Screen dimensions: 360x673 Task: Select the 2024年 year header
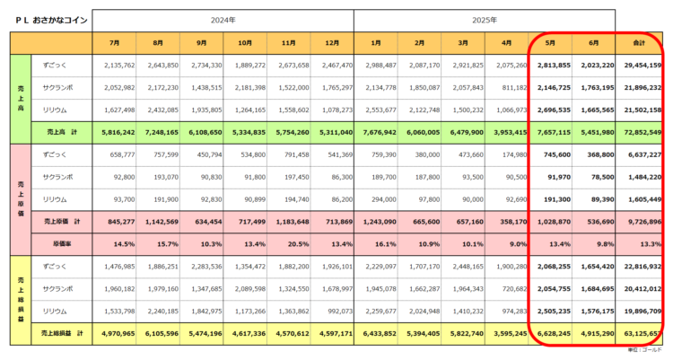[x=223, y=18]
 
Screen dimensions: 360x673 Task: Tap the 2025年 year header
[x=485, y=18]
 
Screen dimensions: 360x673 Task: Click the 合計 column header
[x=640, y=42]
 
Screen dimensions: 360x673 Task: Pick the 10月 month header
[x=245, y=42]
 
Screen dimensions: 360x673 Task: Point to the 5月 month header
[x=552, y=42]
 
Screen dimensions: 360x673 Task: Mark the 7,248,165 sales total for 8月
[x=160, y=131]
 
